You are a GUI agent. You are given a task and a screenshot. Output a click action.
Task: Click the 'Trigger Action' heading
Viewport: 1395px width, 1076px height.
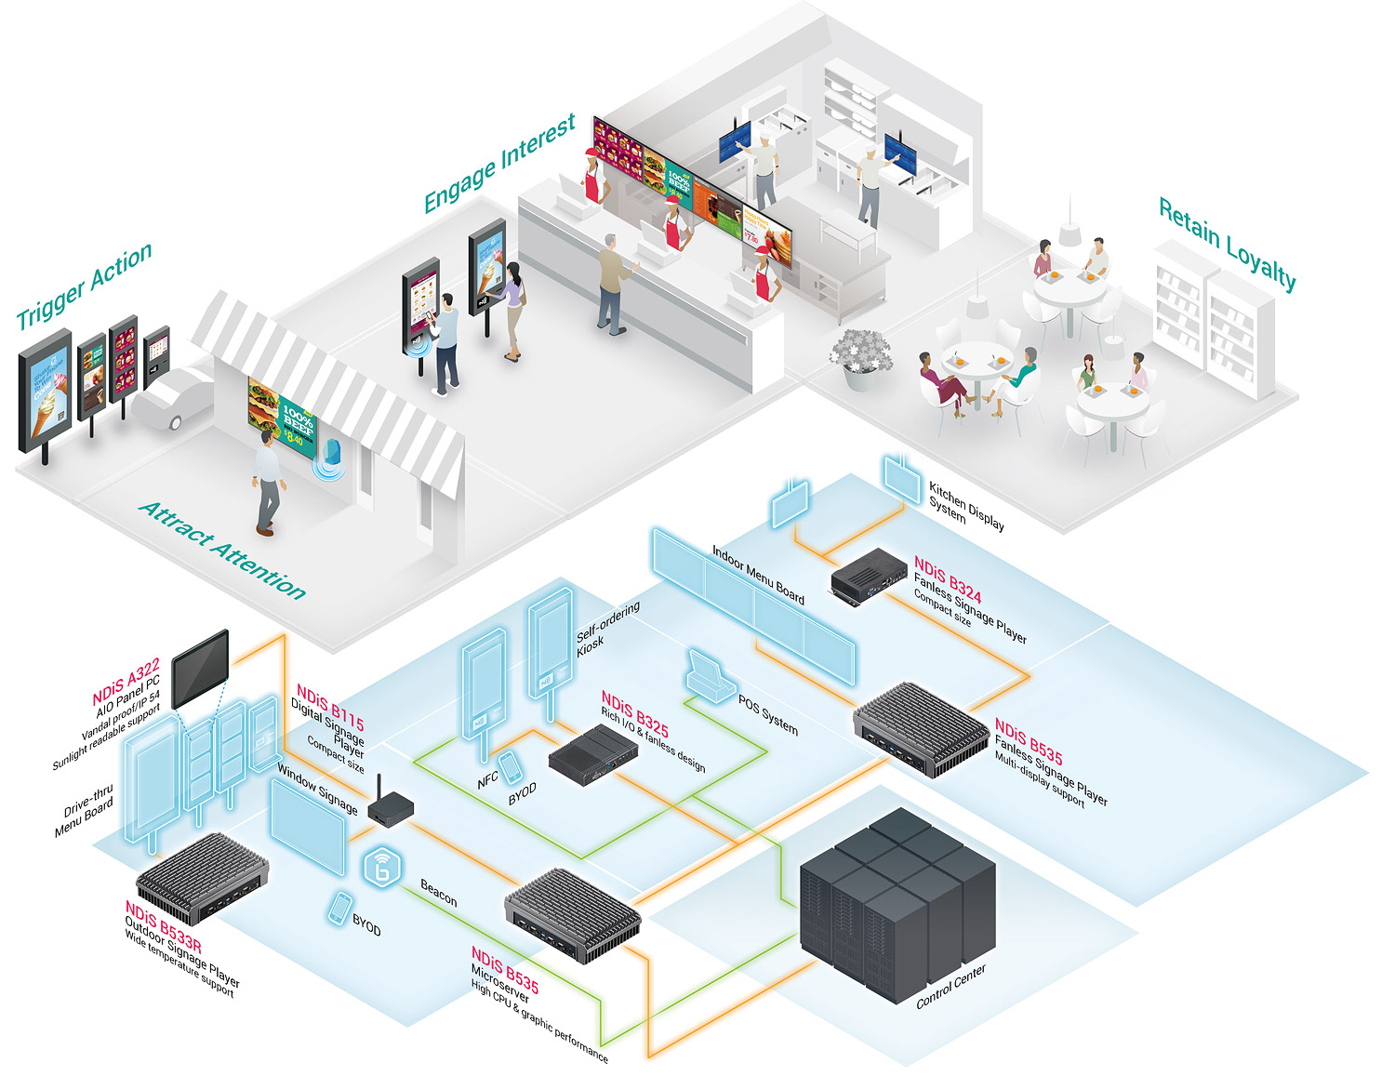[85, 286]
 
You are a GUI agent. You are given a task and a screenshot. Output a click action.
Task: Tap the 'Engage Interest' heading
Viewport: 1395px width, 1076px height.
[499, 164]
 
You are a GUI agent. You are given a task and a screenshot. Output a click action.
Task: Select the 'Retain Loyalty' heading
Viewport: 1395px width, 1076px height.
[1227, 244]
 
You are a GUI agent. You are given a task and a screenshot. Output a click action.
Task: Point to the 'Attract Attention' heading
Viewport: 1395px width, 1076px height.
[222, 550]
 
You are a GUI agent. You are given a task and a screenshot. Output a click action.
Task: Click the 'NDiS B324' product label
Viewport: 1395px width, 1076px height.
[947, 579]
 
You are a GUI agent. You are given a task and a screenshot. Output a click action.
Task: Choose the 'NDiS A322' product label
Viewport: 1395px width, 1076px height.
[126, 683]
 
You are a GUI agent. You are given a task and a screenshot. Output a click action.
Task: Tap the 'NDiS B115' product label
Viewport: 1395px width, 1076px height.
[330, 707]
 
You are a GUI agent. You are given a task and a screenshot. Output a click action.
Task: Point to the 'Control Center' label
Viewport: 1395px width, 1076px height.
[950, 987]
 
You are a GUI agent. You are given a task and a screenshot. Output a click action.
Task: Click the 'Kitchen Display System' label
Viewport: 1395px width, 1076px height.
[965, 505]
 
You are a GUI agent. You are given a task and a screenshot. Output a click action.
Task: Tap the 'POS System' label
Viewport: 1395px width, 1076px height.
[768, 714]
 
